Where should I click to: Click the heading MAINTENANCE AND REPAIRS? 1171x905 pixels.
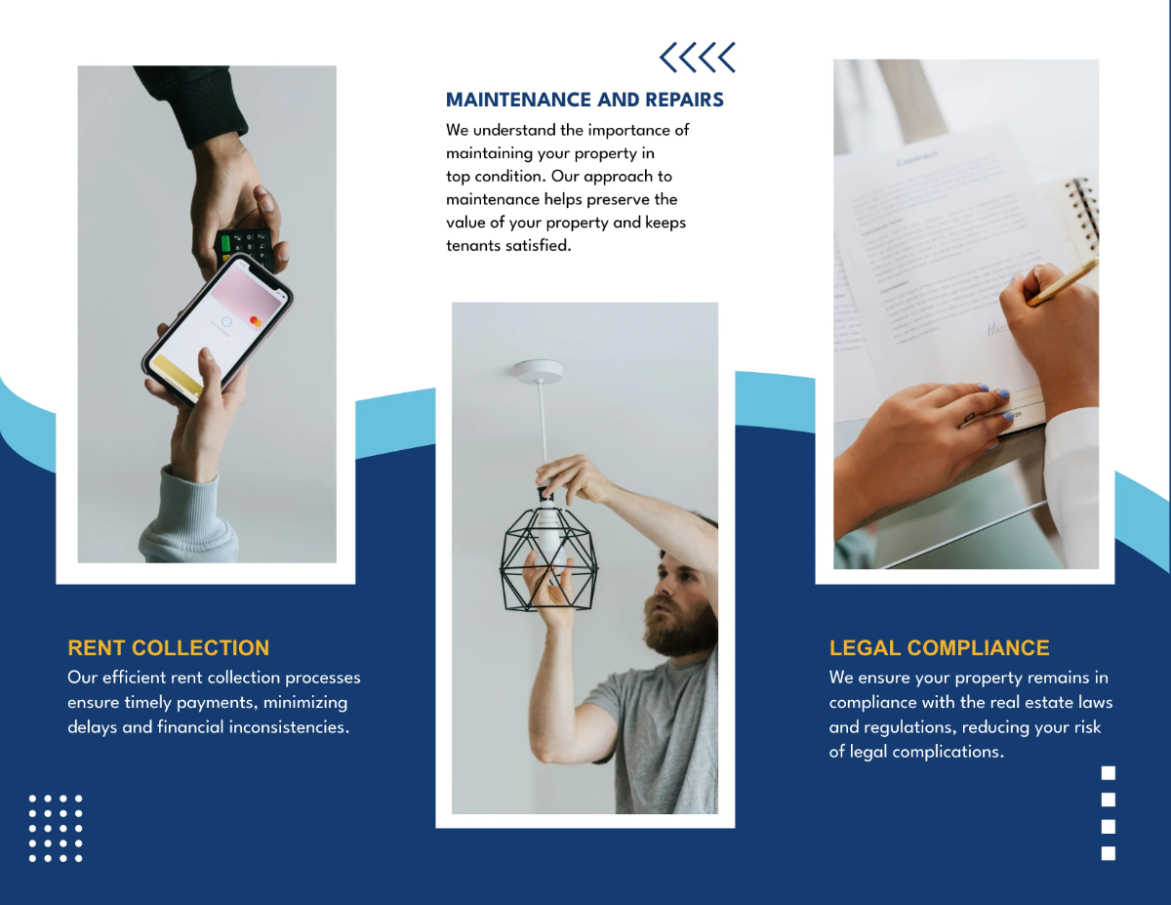(585, 100)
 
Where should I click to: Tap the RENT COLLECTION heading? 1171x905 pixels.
(168, 648)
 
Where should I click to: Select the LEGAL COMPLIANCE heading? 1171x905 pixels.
(939, 648)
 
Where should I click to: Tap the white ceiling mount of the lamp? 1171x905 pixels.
(539, 371)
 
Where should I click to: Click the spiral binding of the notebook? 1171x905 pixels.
(1082, 215)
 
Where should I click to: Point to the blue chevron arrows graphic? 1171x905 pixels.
(697, 58)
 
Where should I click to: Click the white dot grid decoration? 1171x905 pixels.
(56, 828)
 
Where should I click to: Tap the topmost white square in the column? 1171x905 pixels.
(1108, 773)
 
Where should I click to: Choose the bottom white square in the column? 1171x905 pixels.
(1108, 853)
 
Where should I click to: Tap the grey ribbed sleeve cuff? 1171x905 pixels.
(190, 517)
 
